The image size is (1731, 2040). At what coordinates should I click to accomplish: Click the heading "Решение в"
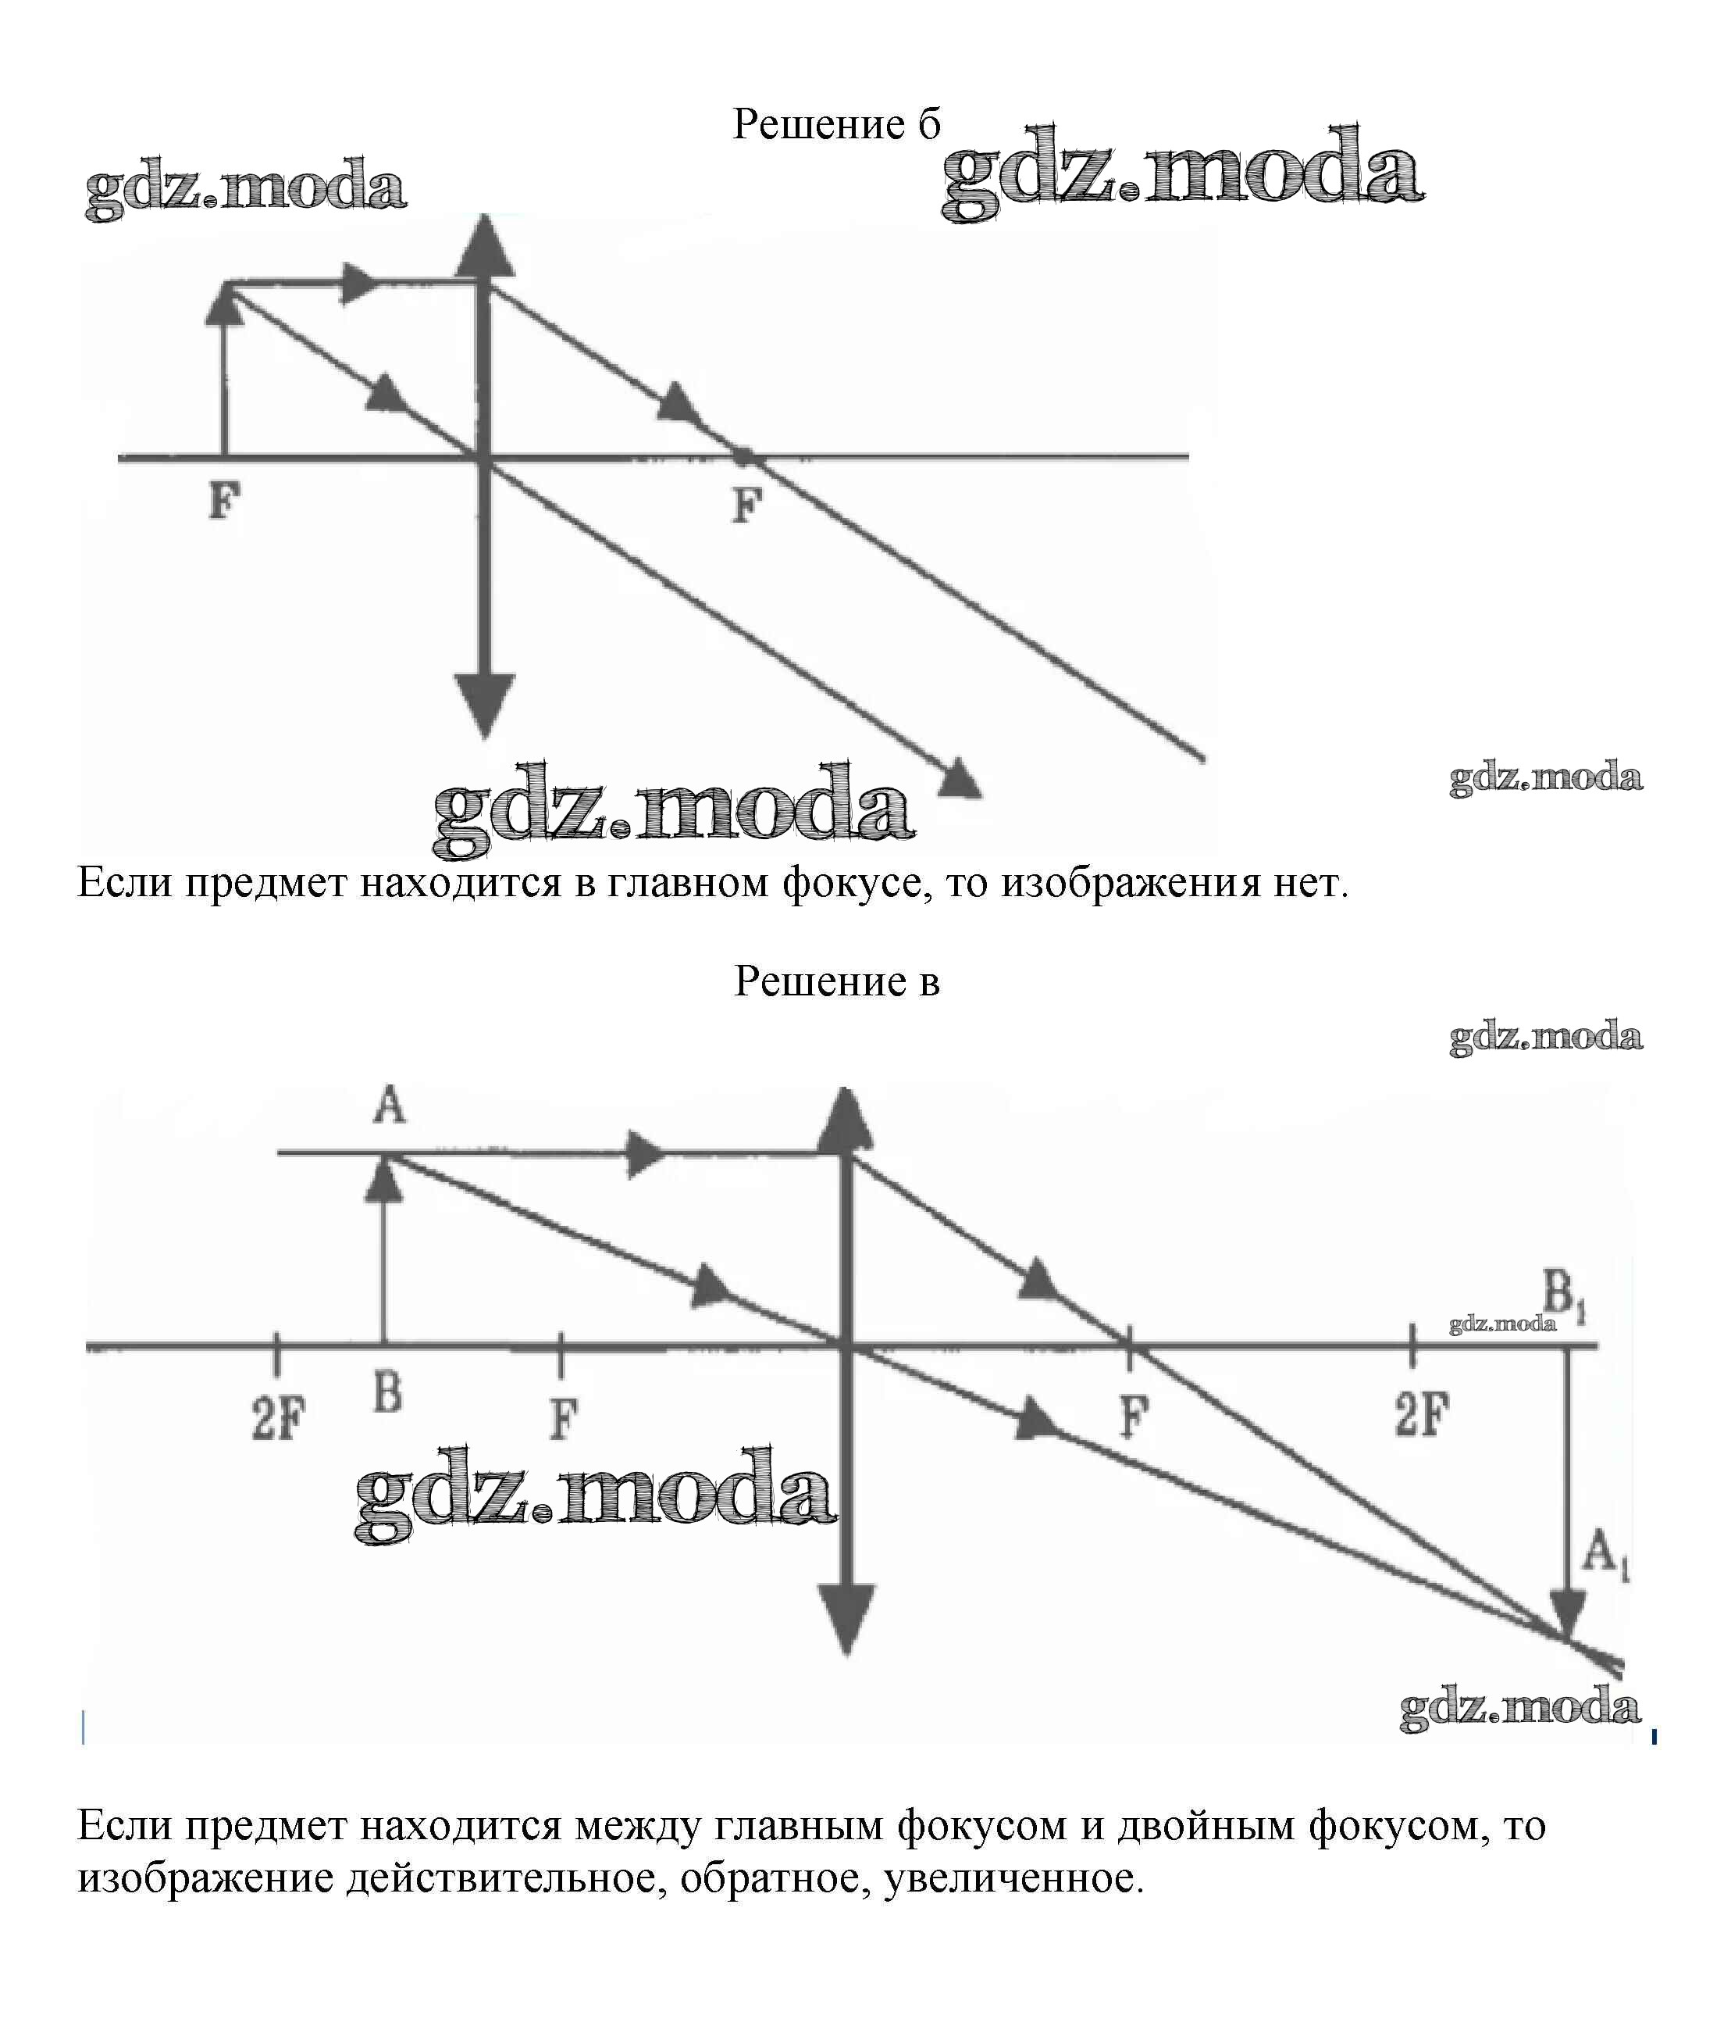pyautogui.click(x=837, y=981)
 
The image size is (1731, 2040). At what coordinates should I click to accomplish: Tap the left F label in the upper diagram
pyautogui.click(x=225, y=501)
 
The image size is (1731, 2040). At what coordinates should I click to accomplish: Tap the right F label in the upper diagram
pyautogui.click(x=748, y=505)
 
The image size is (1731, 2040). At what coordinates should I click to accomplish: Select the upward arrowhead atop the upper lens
pyautogui.click(x=485, y=245)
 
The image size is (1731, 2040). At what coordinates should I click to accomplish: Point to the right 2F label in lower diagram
pyautogui.click(x=1422, y=1415)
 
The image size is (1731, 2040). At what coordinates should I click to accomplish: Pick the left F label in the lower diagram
pyautogui.click(x=563, y=1419)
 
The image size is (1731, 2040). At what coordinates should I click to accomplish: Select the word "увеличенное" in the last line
pyautogui.click(x=1013, y=1878)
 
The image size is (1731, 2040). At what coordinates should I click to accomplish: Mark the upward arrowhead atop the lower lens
pyautogui.click(x=846, y=1118)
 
